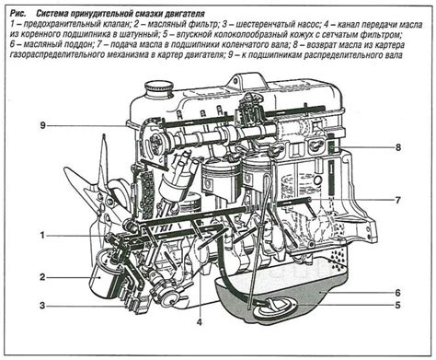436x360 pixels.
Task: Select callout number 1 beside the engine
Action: click(42, 236)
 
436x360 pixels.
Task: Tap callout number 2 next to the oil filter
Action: click(42, 276)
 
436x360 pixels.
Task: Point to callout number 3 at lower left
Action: click(42, 306)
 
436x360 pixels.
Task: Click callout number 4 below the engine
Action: click(200, 321)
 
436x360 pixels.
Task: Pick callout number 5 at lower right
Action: click(398, 304)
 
